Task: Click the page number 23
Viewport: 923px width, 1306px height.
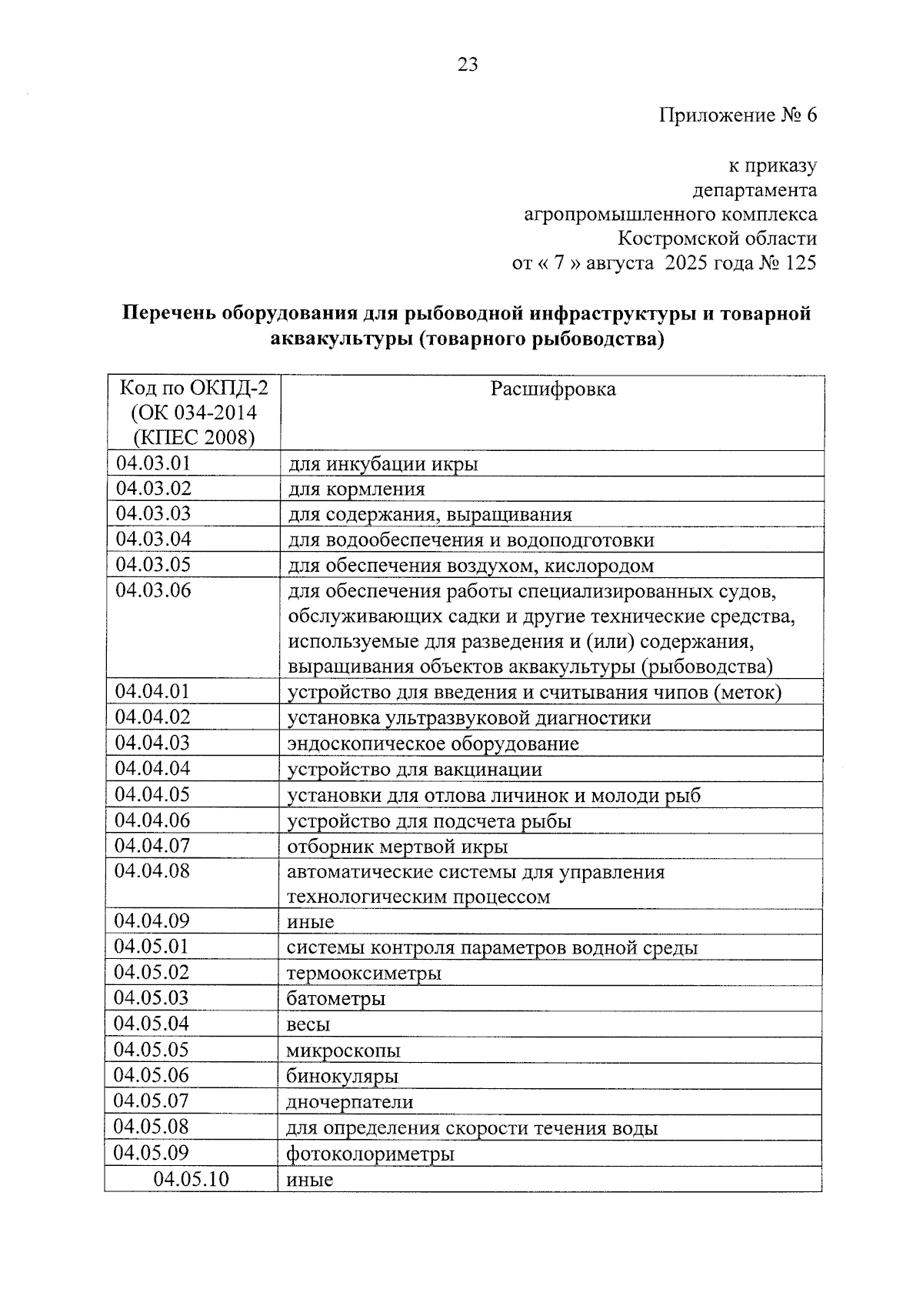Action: (468, 65)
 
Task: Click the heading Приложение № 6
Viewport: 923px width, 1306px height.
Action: (738, 115)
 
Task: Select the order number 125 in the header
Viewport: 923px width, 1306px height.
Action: (801, 263)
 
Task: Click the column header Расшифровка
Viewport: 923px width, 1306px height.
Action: (553, 389)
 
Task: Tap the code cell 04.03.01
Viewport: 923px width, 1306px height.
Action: (153, 463)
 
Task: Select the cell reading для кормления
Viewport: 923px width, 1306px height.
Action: (356, 489)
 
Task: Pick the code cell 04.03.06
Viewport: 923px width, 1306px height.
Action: (153, 591)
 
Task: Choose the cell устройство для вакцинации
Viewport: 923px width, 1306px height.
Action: (415, 770)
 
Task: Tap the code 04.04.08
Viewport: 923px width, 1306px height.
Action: (152, 871)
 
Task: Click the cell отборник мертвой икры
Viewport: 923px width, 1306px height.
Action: (397, 847)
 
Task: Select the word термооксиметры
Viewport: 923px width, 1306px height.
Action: (364, 974)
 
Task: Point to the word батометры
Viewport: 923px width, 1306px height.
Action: (335, 999)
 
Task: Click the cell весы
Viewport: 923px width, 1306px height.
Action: (308, 1025)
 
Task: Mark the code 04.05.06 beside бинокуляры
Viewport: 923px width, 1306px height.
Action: (152, 1075)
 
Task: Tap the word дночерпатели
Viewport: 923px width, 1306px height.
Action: (350, 1102)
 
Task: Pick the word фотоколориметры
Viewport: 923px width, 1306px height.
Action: (370, 1154)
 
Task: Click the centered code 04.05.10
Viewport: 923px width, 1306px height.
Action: (192, 1179)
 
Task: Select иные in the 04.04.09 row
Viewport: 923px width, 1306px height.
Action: (310, 922)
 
